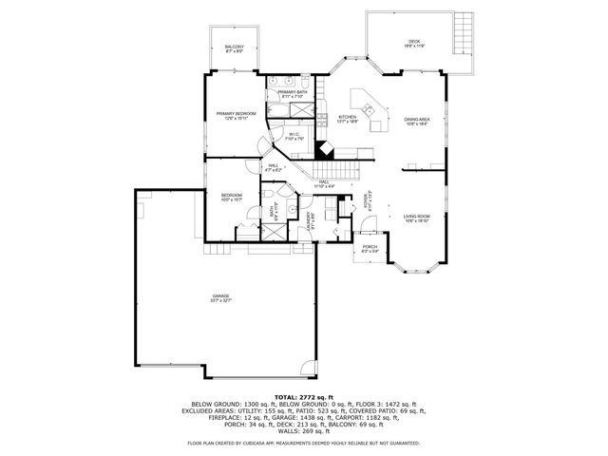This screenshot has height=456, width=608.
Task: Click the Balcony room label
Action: click(234, 48)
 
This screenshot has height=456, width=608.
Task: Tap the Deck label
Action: click(414, 44)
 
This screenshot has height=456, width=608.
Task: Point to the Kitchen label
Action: click(348, 120)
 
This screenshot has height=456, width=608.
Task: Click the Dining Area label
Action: click(418, 121)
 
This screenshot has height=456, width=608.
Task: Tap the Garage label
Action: click(220, 300)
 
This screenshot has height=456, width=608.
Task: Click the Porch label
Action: click(370, 249)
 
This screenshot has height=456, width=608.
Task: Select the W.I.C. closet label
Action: click(294, 137)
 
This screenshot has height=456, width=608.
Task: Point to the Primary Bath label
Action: click(292, 94)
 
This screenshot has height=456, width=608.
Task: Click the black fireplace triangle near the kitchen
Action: click(325, 149)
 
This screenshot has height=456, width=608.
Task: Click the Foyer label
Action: click(367, 201)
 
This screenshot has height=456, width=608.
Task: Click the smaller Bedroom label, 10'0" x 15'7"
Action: click(231, 198)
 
